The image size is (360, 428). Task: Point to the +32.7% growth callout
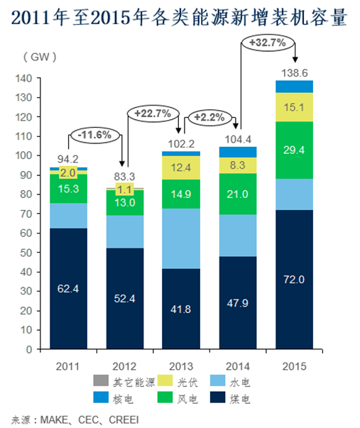click(x=268, y=43)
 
